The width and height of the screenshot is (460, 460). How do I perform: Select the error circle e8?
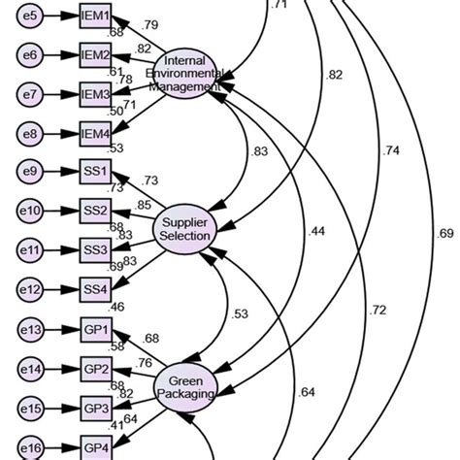30,132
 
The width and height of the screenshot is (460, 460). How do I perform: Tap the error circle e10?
30,210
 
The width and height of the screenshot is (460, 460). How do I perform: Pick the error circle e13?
30,329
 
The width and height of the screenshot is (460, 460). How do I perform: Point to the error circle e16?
30,447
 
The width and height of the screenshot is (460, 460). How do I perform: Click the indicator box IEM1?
96,17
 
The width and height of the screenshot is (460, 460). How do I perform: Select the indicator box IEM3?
96,93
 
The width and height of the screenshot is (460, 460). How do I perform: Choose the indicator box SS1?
96,172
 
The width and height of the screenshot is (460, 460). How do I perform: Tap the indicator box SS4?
96,287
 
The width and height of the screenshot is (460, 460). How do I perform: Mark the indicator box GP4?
96,447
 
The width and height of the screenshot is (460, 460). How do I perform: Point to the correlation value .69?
444,233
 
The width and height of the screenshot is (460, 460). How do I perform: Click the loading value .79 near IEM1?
150,24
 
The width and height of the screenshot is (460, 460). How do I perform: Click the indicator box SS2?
96,210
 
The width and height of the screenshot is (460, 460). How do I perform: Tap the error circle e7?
30,93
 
